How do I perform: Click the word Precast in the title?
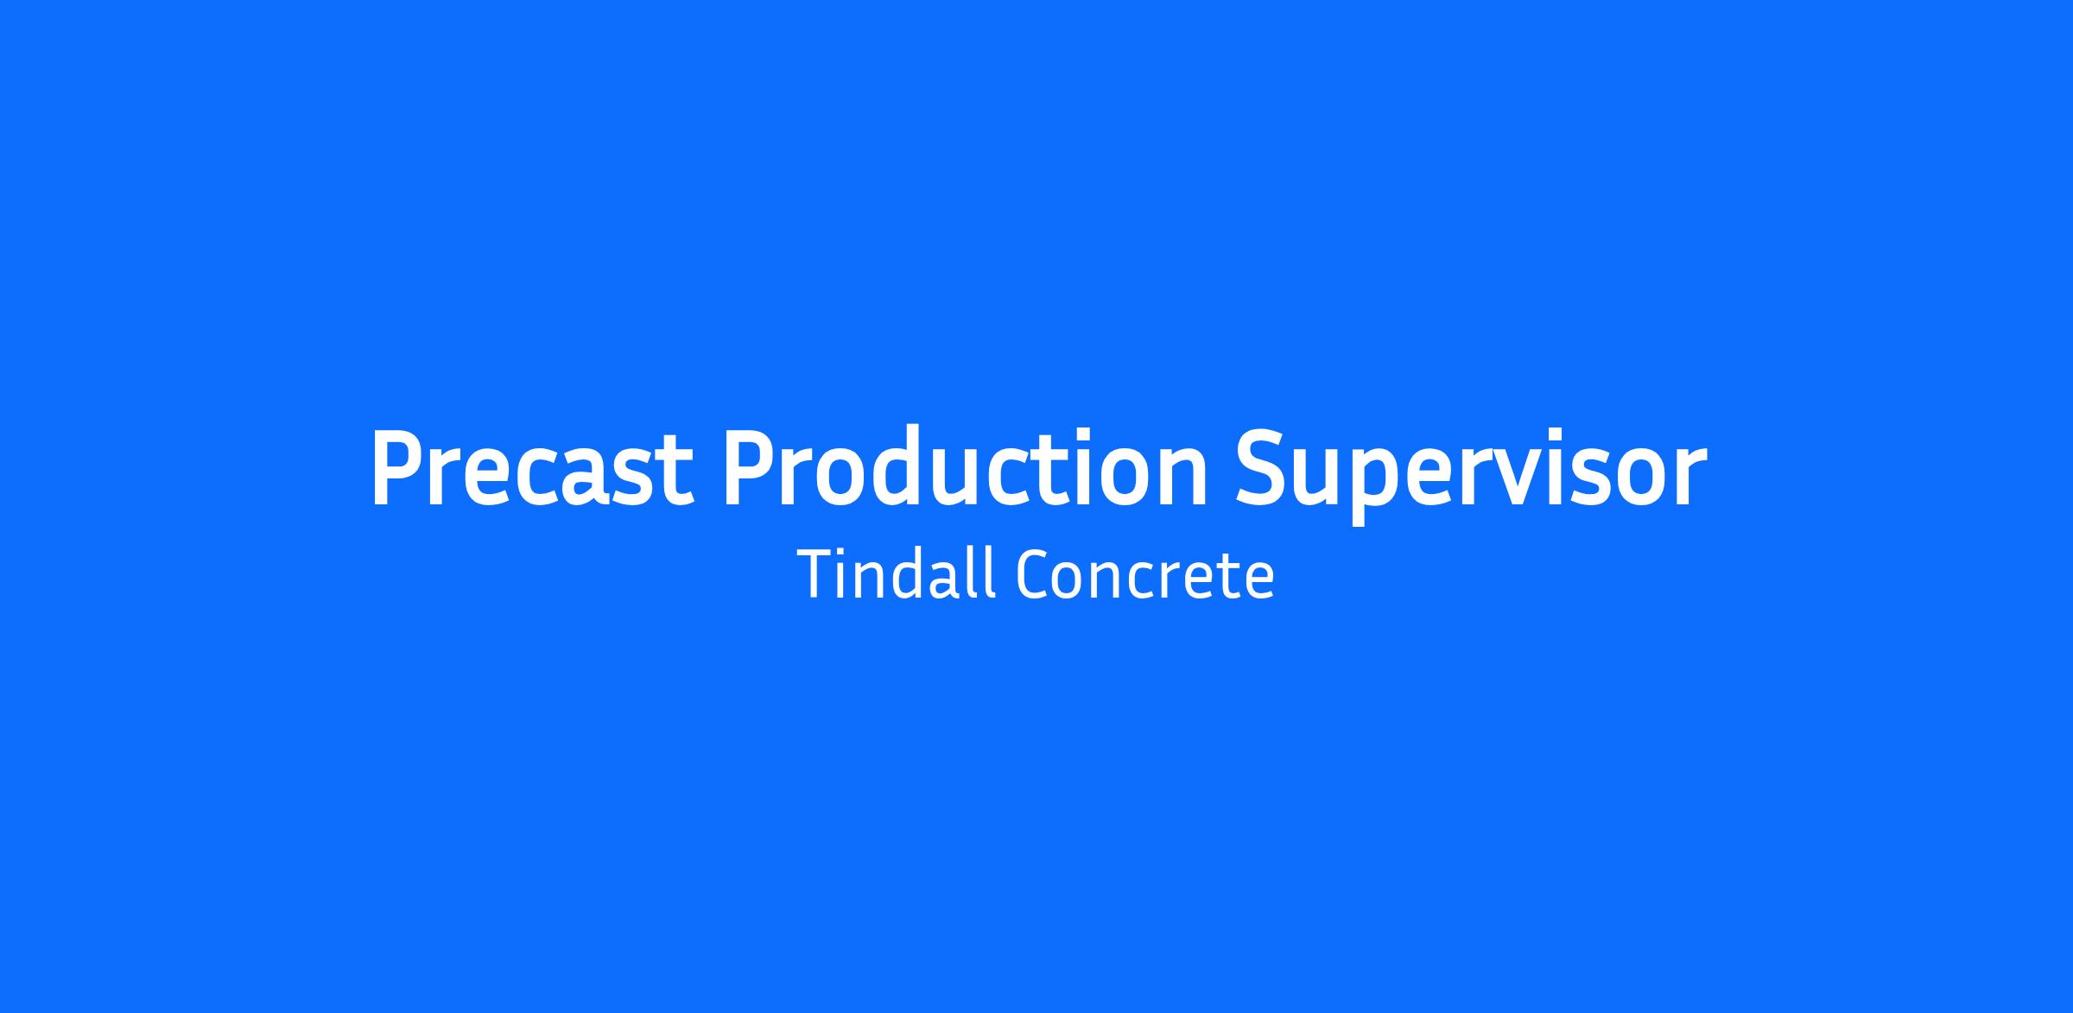point(532,467)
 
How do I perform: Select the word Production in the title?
point(965,466)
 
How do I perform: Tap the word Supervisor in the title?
point(1471,476)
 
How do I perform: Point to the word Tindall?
point(896,573)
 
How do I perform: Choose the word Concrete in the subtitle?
point(1144,575)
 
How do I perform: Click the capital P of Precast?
point(397,467)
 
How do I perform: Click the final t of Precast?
point(678,472)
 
